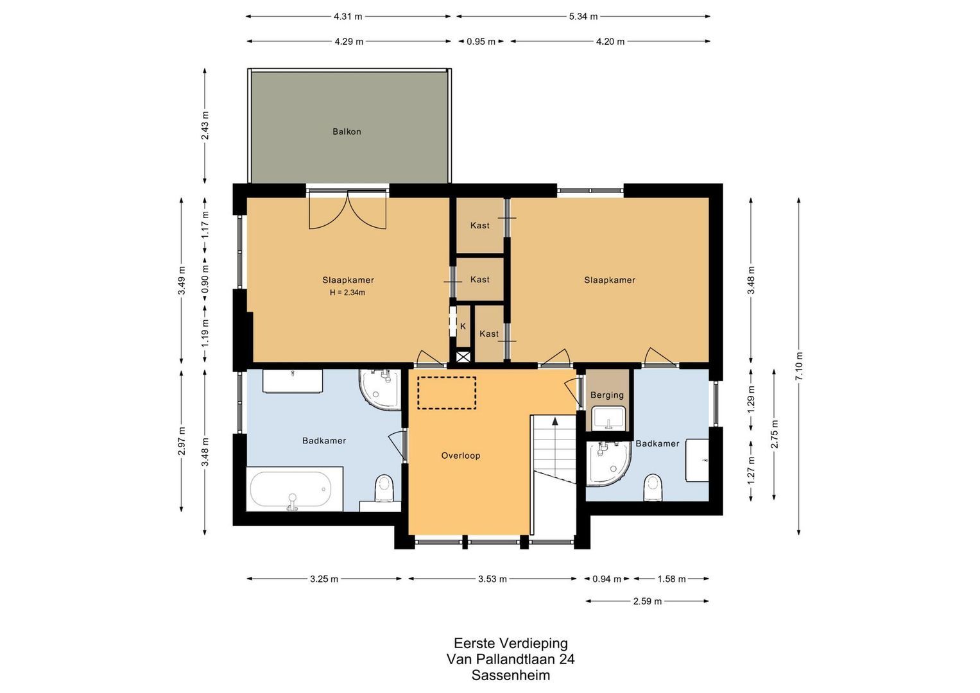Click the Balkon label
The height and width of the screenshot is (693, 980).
pos(347,132)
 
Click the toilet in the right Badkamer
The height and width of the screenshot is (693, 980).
pos(653,487)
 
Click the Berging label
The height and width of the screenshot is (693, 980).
pos(606,395)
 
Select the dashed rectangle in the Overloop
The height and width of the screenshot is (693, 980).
pos(447,393)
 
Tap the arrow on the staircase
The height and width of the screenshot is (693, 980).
pos(554,422)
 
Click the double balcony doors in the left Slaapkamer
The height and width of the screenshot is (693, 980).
pos(347,210)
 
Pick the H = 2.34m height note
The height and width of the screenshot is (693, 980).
pos(347,293)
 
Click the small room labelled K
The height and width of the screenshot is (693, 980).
pos(462,327)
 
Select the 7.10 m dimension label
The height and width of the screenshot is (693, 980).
pos(799,366)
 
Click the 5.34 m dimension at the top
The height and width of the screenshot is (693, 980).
pos(583,17)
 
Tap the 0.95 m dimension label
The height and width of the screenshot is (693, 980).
pos(481,42)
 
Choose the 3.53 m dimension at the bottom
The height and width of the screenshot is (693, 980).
pos(492,579)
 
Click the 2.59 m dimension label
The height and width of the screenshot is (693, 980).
pos(647,601)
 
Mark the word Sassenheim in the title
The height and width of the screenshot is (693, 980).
pos(510,675)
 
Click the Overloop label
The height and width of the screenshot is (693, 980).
pos(460,456)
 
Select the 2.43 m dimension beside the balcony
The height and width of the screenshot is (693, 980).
pos(205,126)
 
